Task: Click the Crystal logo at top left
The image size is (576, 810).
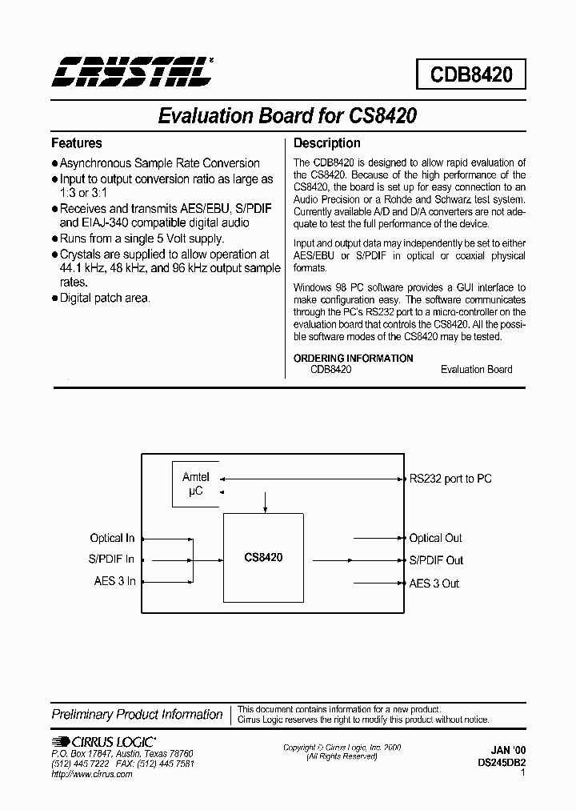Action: point(133,72)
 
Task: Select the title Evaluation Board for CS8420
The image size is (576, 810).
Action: point(287,115)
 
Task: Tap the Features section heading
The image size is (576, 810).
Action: point(77,143)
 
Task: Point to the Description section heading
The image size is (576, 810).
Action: point(327,143)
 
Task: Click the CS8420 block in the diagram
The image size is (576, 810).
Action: point(263,557)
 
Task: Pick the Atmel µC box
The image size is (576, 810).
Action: point(196,484)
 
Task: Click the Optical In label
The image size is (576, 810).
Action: point(112,538)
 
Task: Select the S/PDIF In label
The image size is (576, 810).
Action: point(111,560)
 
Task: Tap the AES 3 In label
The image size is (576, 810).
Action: point(114,582)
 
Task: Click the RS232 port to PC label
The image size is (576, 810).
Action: point(450,479)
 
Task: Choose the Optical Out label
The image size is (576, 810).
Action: point(436,538)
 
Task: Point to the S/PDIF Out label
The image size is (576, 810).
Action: point(436,560)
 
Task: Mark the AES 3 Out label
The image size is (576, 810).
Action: point(434,583)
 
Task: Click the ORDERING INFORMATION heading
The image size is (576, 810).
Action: point(354,358)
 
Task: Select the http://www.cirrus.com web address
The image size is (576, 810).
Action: point(91,775)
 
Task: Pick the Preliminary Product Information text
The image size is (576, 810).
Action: point(137,714)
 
